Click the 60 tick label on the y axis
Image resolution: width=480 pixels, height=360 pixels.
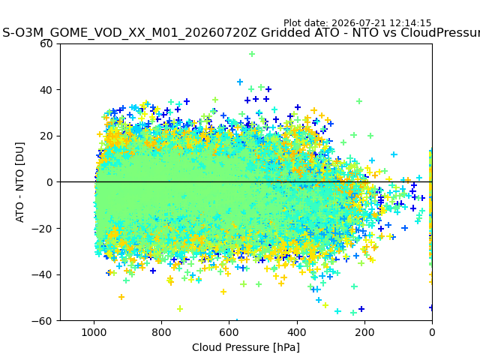pyautogui.click(x=46, y=43)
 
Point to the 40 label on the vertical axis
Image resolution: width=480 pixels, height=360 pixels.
pyautogui.click(x=46, y=90)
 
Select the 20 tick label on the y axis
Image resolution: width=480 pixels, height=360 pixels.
pyautogui.click(x=46, y=136)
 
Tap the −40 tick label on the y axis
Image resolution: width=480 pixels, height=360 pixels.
pyautogui.click(x=42, y=274)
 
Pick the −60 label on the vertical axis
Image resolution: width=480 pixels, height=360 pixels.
pyautogui.click(x=42, y=321)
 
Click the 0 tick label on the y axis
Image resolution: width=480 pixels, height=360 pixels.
pyautogui.click(x=49, y=182)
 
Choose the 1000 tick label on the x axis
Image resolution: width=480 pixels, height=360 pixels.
pyautogui.click(x=94, y=332)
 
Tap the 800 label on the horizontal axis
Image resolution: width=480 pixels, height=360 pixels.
pyautogui.click(x=162, y=332)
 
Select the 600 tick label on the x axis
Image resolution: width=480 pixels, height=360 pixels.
pyautogui.click(x=229, y=332)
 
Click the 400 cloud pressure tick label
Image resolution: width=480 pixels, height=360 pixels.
pyautogui.click(x=297, y=332)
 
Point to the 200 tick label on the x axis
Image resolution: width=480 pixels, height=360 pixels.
pyautogui.click(x=364, y=332)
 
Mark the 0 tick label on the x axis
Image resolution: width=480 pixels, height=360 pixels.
pyautogui.click(x=432, y=332)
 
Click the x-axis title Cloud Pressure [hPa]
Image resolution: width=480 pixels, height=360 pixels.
pyautogui.click(x=246, y=348)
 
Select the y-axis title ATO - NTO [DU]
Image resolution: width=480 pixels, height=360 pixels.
pyautogui.click(x=19, y=182)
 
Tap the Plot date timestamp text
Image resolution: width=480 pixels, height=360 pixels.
pyautogui.click(x=357, y=23)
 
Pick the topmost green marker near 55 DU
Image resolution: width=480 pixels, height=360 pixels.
pyautogui.click(x=252, y=54)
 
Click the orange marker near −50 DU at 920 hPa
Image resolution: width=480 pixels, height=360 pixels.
pyautogui.click(x=121, y=297)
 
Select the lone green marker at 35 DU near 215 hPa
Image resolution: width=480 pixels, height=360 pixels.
pyautogui.click(x=359, y=101)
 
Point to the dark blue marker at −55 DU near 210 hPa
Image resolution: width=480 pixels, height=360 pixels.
pyautogui.click(x=361, y=309)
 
